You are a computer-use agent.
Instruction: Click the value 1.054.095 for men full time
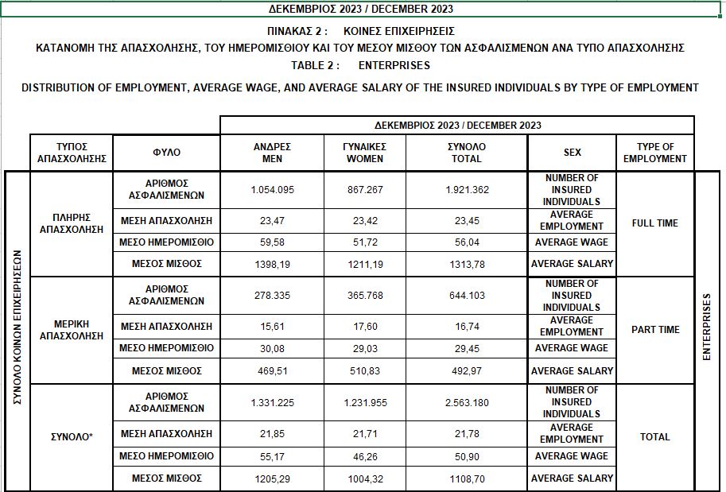pos(272,190)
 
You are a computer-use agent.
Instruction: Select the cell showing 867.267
pos(365,190)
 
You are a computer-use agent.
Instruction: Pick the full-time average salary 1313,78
pos(466,264)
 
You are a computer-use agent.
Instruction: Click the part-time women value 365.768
pos(365,296)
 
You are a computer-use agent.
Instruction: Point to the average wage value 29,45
pos(466,348)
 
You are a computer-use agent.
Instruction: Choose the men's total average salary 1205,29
pos(272,478)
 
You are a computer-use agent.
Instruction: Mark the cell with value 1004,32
pos(365,478)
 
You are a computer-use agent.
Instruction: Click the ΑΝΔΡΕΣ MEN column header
pos(272,153)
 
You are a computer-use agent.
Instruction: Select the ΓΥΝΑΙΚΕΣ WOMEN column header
pos(365,153)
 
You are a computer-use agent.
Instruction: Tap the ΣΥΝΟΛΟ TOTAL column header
pos(466,153)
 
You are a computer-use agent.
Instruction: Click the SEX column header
pos(572,153)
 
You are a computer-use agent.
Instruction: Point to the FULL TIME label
pos(655,223)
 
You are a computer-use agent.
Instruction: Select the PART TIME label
pos(655,330)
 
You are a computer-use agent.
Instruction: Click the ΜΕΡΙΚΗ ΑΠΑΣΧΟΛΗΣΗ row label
pos(72,330)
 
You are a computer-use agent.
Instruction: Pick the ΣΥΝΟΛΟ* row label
pos(72,436)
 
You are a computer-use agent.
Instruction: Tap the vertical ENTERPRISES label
pos(707,329)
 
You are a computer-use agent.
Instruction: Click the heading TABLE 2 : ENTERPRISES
pos(363,66)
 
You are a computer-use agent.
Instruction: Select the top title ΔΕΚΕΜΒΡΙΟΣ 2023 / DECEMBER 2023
pos(363,9)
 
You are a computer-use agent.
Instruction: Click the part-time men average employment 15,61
pos(272,327)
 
